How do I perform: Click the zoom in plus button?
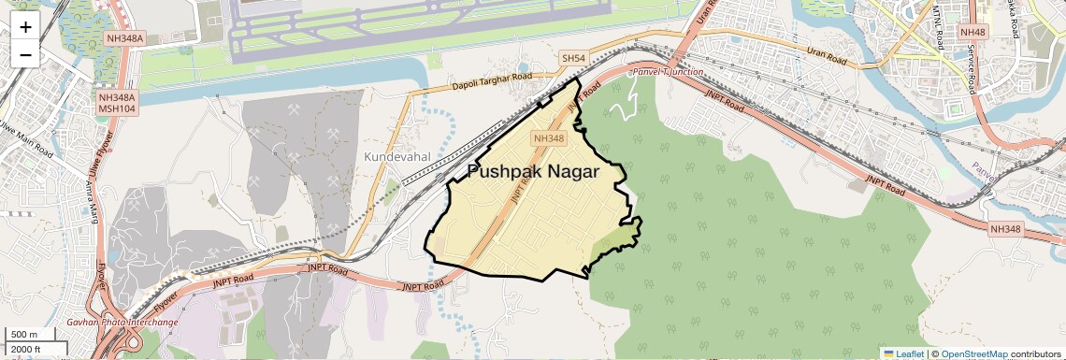coord(25,27)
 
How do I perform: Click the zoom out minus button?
coord(25,54)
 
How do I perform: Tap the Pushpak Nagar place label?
coord(533,172)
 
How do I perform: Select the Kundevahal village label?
coord(397,157)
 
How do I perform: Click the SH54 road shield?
coord(573,58)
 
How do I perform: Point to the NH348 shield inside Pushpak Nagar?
coord(548,138)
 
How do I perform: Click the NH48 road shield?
coord(972,32)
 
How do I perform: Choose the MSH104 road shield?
coord(118,108)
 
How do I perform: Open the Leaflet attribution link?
coord(903,353)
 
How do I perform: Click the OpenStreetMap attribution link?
coord(973,353)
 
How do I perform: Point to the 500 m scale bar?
coord(24,335)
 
